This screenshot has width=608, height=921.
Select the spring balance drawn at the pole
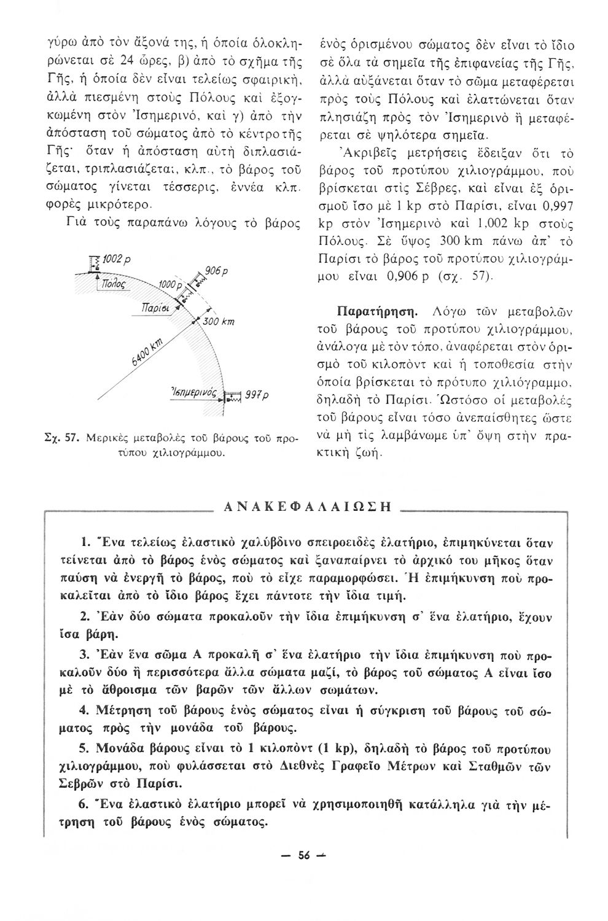click(x=94, y=265)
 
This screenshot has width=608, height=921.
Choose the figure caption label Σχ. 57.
click(x=68, y=438)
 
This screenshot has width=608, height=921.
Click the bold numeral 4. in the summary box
click(x=86, y=710)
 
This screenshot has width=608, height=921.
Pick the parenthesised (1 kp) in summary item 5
click(x=335, y=749)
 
